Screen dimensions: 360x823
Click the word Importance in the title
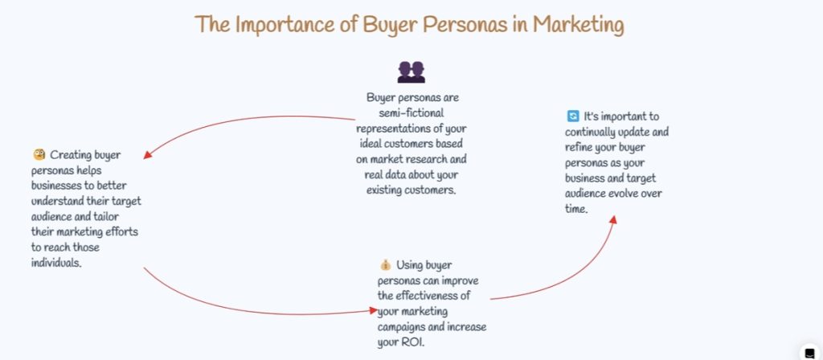275,24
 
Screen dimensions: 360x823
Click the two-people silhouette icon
411,72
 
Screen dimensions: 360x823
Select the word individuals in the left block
55,262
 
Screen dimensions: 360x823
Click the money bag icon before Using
385,264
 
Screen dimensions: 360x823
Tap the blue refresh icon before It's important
572,117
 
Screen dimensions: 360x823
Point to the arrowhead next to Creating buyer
148,153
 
